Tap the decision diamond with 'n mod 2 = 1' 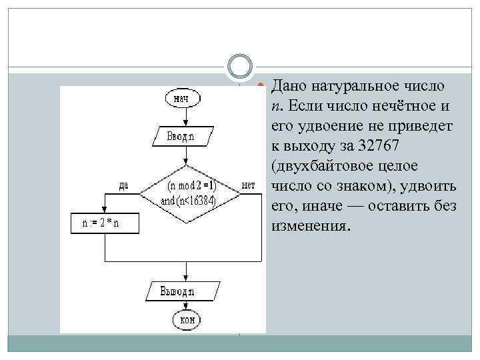click(190, 192)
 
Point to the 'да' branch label click(124, 185)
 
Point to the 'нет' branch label click(249, 185)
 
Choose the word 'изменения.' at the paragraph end click(311, 225)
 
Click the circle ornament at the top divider click(239, 67)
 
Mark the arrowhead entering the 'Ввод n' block click(186, 126)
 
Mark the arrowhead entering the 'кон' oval click(186, 309)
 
